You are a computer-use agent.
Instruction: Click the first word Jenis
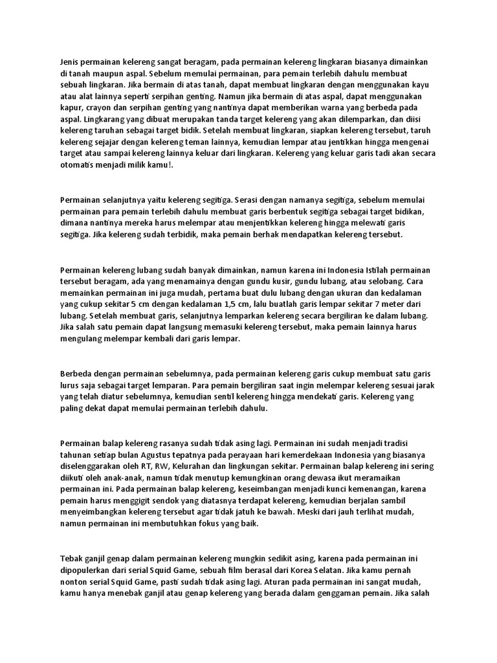click(x=70, y=62)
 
